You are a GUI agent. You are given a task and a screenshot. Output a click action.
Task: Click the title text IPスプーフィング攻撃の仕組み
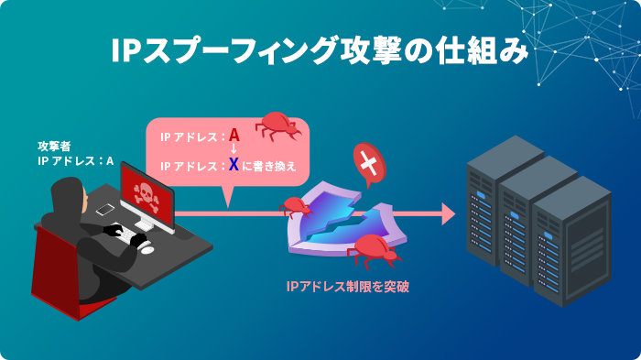click(x=320, y=51)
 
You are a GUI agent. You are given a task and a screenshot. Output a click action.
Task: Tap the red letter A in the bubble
click(x=234, y=136)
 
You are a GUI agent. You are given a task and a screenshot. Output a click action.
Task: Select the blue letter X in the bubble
click(x=234, y=165)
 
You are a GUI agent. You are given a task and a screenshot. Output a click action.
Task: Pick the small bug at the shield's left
click(x=294, y=205)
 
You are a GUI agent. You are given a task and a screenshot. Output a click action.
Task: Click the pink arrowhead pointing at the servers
click(x=447, y=213)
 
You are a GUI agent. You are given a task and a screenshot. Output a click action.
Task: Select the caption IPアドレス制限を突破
click(x=347, y=287)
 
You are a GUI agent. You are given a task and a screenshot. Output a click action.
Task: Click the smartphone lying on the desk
click(x=104, y=209)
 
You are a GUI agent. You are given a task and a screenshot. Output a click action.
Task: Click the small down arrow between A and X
click(x=234, y=151)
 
